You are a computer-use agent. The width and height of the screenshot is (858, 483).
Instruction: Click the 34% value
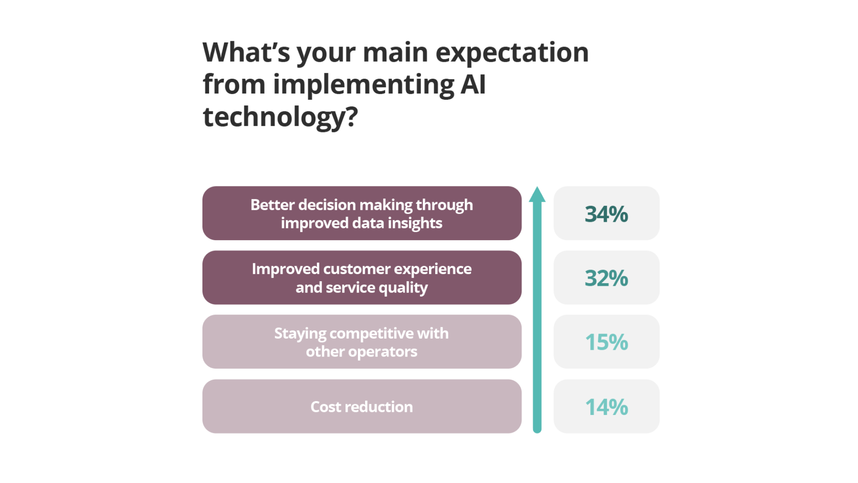606,214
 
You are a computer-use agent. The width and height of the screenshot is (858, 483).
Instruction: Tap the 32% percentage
606,278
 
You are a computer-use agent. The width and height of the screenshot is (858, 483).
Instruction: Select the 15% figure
606,343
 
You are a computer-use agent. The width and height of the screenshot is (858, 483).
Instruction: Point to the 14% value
606,407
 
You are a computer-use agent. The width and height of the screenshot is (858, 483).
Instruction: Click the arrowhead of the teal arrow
537,195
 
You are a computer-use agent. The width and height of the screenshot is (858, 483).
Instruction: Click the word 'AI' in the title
473,85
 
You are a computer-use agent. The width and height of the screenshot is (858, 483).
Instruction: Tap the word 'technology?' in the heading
280,117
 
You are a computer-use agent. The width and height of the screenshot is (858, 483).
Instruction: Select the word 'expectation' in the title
512,52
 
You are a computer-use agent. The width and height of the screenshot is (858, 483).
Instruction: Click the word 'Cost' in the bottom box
325,407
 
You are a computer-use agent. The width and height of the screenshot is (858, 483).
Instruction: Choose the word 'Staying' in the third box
300,334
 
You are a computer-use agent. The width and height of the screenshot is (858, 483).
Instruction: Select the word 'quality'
403,288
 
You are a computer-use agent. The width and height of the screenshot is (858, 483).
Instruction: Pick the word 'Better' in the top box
272,205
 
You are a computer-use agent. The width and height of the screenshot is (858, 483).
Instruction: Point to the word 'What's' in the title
246,52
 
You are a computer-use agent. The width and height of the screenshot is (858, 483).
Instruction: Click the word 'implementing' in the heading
363,85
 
